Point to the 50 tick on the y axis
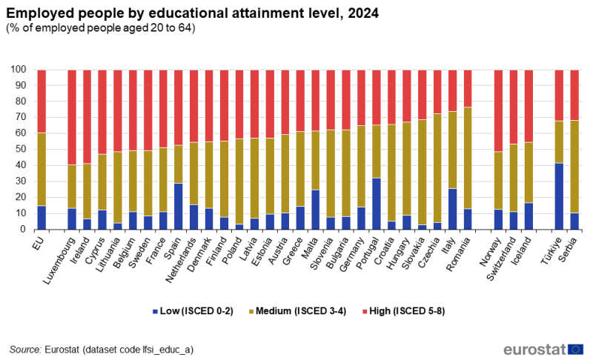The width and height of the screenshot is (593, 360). point(20,150)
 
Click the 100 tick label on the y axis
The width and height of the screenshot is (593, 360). point(18,70)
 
